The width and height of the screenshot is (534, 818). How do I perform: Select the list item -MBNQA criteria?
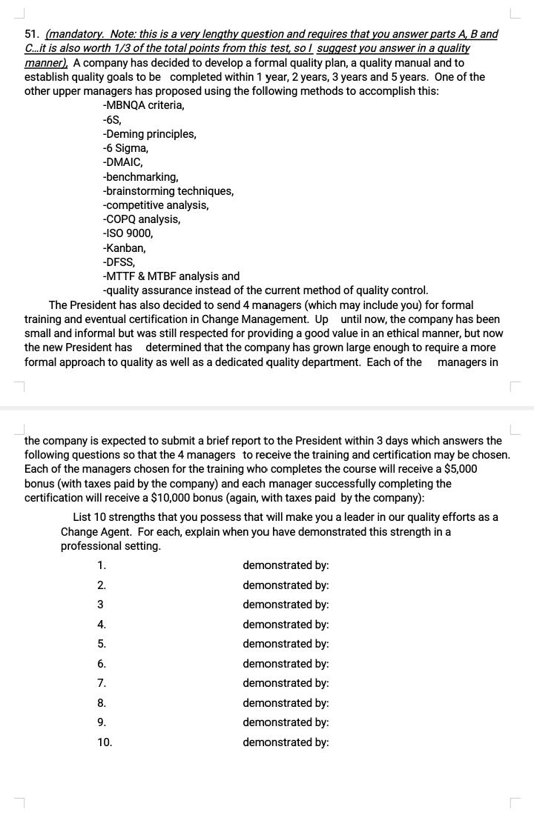pyautogui.click(x=143, y=105)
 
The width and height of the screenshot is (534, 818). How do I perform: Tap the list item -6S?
pyautogui.click(x=112, y=119)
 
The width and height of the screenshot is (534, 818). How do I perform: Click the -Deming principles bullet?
pyautogui.click(x=149, y=134)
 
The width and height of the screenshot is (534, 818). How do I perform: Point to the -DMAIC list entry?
pyautogui.click(x=122, y=162)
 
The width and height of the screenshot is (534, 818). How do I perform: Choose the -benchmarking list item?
pyautogui.click(x=140, y=176)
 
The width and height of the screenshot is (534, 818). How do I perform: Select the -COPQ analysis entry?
pyautogui.click(x=141, y=219)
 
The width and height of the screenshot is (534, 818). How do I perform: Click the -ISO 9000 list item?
pyautogui.click(x=128, y=233)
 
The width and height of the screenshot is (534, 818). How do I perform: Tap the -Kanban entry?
pyautogui.click(x=124, y=247)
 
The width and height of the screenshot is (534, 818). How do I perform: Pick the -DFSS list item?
pyautogui.click(x=119, y=262)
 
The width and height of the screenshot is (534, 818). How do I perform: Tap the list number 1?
pyautogui.click(x=102, y=565)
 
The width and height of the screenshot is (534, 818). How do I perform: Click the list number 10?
pyautogui.click(x=105, y=742)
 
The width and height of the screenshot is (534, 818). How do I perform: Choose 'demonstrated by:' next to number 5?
pyautogui.click(x=286, y=644)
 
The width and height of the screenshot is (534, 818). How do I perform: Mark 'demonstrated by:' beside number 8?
pyautogui.click(x=286, y=702)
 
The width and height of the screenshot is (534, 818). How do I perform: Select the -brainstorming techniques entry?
pyautogui.click(x=168, y=190)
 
